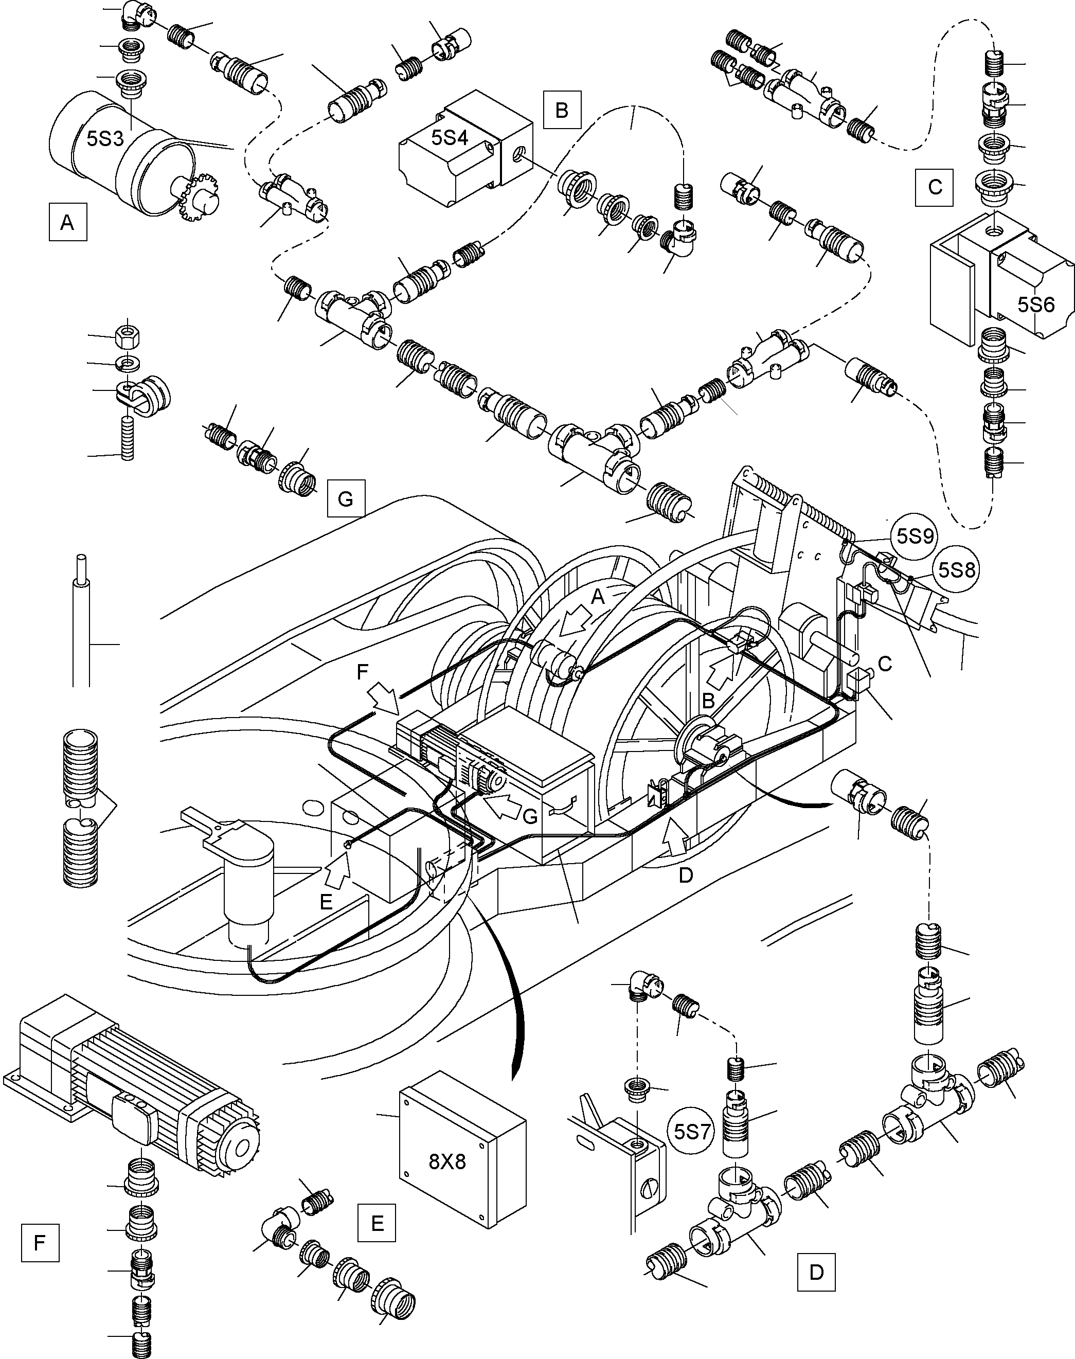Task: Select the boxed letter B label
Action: (x=561, y=110)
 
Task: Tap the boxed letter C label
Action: (x=934, y=187)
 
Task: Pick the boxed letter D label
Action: (x=816, y=1272)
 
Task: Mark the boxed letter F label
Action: (x=40, y=1243)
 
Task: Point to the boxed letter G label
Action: (x=346, y=498)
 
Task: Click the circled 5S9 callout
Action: (x=915, y=537)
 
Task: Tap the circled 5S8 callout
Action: (x=956, y=569)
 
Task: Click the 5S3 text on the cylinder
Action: (x=105, y=138)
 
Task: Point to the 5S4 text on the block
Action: (x=450, y=137)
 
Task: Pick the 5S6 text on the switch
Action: (x=1035, y=305)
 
